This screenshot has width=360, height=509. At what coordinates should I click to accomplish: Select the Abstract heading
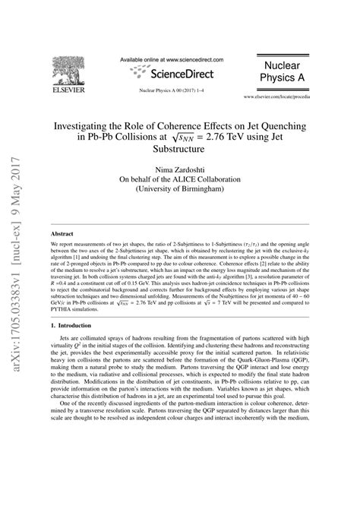(x=63, y=236)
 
